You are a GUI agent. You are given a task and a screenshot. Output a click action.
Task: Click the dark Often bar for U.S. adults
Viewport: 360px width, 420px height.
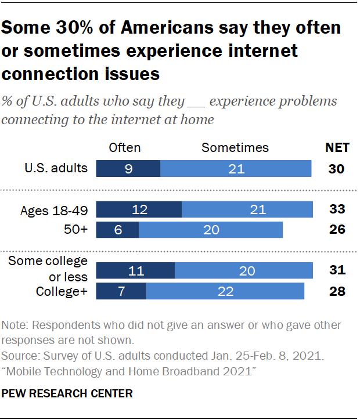(128, 169)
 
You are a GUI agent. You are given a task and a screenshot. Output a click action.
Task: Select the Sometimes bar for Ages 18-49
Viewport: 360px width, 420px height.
(247, 209)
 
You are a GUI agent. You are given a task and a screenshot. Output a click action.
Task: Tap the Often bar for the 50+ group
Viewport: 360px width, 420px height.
(117, 230)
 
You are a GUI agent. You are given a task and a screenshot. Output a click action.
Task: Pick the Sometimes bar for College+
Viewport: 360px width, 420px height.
(225, 291)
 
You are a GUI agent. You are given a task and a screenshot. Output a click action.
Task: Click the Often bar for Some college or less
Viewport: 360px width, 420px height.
(135, 270)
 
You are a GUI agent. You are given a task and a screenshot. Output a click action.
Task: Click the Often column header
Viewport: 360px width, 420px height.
(125, 147)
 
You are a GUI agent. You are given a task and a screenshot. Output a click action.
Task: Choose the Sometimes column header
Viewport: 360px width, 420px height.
(235, 147)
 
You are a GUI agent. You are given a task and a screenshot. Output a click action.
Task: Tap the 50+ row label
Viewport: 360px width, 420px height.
(75, 230)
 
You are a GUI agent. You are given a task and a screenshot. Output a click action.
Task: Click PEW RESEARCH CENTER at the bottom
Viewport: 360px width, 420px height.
(67, 394)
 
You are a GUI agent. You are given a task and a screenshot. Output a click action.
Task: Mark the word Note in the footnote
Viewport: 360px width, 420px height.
(15, 325)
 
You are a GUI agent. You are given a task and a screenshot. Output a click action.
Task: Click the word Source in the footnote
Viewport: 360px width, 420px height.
(19, 354)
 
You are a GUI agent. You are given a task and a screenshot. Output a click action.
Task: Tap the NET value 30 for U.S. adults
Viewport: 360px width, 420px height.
(336, 169)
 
